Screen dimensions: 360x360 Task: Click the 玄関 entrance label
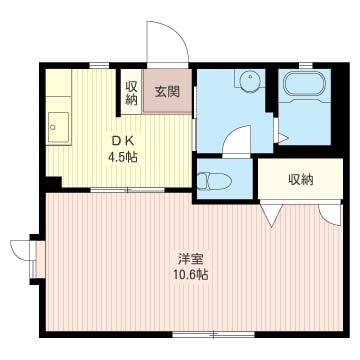click(x=166, y=93)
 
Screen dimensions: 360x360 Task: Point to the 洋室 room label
click(x=187, y=258)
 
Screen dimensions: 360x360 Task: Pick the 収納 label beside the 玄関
click(x=131, y=93)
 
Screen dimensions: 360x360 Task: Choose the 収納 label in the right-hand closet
click(x=300, y=180)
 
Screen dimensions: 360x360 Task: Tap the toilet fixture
click(x=216, y=181)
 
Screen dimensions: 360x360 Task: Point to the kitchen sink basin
click(x=58, y=127)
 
